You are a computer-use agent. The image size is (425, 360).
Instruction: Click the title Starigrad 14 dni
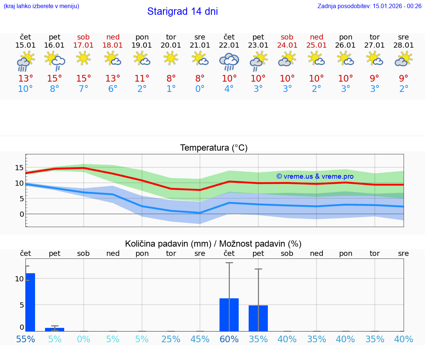(x=182, y=11)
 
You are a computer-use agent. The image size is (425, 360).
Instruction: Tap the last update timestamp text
(x=369, y=6)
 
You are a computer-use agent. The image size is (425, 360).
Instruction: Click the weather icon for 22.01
(x=229, y=62)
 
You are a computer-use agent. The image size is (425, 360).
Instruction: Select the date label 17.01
(x=83, y=45)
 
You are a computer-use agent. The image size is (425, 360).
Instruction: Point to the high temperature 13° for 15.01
(x=25, y=79)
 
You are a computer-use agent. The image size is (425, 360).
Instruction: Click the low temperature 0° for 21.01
(x=200, y=89)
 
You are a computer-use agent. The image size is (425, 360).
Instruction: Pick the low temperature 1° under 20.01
(x=171, y=89)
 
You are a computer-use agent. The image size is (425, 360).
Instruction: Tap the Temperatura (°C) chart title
(x=214, y=148)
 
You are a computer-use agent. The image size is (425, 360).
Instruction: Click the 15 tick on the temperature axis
(x=19, y=168)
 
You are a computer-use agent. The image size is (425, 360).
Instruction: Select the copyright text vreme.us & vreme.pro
(x=315, y=176)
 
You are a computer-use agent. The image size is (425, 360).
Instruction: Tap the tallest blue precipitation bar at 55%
(x=30, y=302)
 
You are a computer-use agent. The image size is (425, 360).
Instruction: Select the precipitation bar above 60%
(x=229, y=315)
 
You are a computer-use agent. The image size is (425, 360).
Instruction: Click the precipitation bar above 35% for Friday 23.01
(x=258, y=318)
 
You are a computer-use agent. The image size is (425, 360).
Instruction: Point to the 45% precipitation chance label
(x=200, y=339)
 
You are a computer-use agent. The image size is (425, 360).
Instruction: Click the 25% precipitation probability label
(x=171, y=339)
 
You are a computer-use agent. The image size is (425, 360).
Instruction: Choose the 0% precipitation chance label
(x=83, y=339)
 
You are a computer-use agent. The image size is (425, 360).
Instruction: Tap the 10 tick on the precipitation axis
(x=19, y=279)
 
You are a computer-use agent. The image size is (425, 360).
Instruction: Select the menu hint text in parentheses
(x=41, y=6)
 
